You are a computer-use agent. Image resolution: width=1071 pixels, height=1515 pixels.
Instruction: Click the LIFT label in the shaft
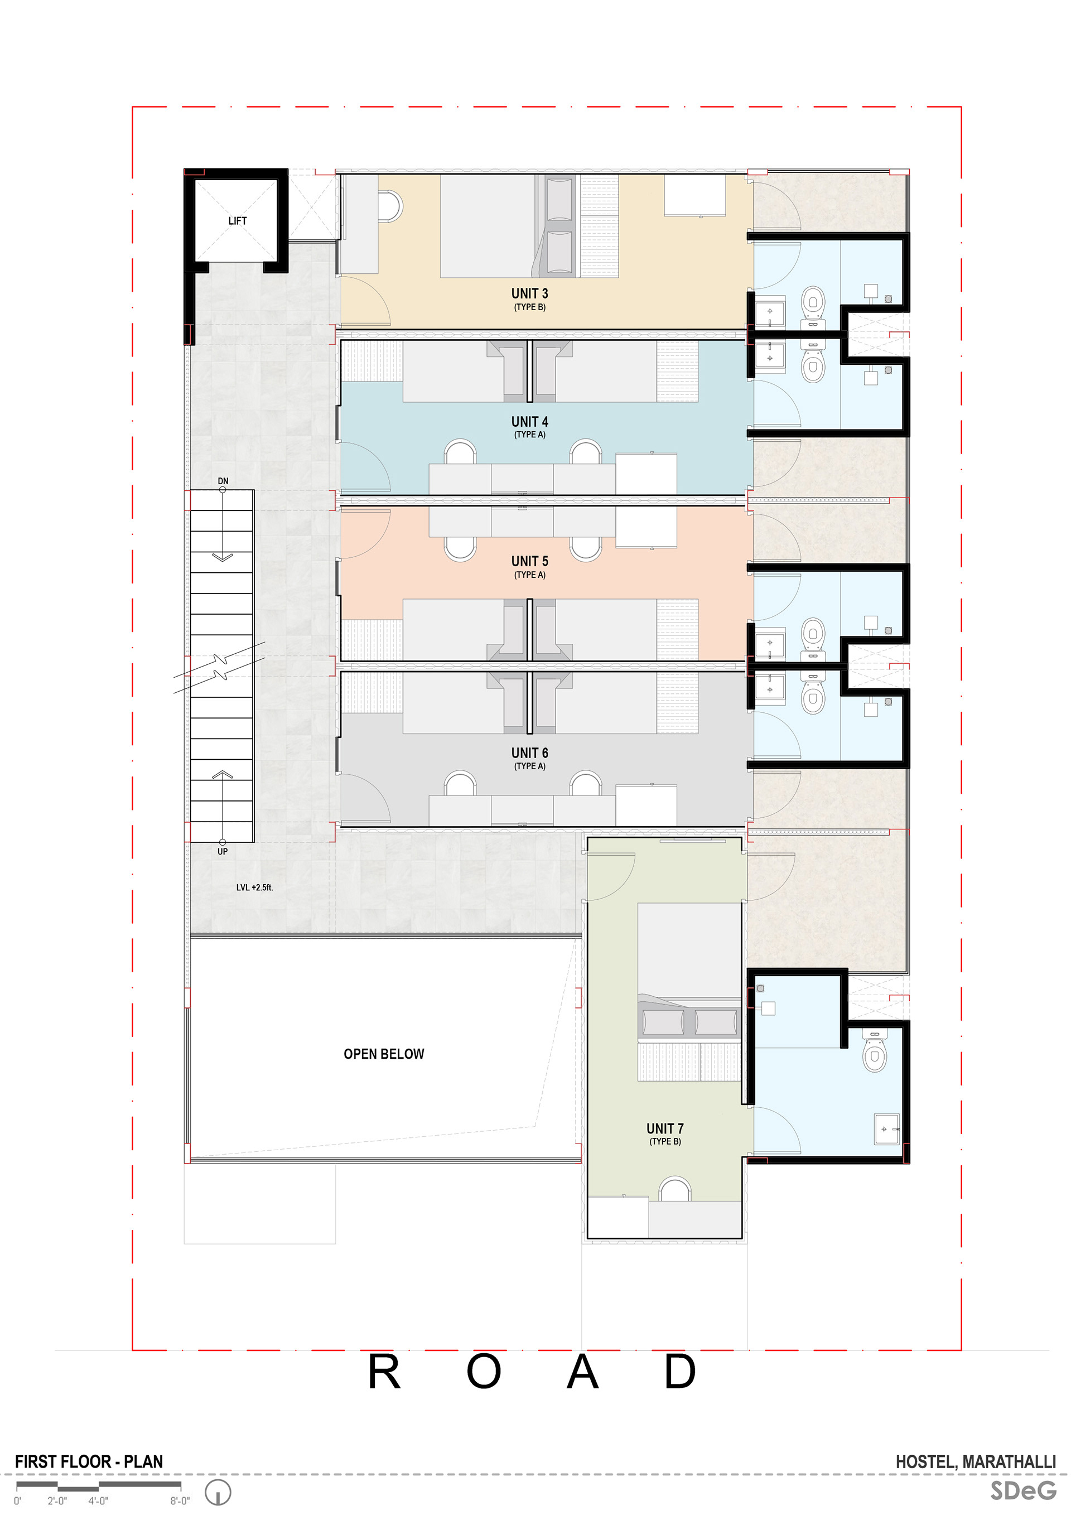tap(237, 221)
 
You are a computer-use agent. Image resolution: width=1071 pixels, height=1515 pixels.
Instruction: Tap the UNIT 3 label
tap(529, 293)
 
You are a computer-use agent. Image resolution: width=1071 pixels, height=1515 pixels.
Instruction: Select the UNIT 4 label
tap(529, 422)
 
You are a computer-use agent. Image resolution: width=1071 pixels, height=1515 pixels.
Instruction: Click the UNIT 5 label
tap(529, 562)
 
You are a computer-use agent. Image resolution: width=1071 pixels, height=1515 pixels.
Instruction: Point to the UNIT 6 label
tap(529, 753)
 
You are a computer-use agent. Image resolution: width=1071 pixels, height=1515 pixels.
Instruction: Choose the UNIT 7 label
tap(664, 1128)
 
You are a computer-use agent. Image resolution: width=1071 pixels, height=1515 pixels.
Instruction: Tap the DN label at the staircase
tap(223, 481)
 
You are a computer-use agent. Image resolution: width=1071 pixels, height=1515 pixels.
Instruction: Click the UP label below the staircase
tap(223, 852)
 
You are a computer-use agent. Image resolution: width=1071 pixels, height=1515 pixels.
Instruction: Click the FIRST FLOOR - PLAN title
tap(89, 1461)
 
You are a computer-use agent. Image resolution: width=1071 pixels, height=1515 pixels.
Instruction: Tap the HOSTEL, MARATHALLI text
tap(975, 1461)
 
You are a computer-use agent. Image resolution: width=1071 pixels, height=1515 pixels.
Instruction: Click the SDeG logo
tap(1023, 1490)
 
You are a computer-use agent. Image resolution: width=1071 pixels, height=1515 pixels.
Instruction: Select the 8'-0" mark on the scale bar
tap(180, 1500)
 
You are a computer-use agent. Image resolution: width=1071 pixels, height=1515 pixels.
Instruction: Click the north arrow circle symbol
tap(218, 1492)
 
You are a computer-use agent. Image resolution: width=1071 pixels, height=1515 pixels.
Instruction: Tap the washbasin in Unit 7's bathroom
tap(886, 1129)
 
